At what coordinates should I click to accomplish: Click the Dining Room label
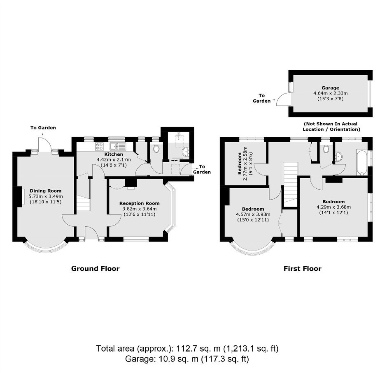point(45,191)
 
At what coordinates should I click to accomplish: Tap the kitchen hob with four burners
point(100,146)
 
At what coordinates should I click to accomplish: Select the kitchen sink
point(118,146)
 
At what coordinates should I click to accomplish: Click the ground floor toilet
point(156,148)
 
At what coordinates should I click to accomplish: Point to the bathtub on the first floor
point(362,163)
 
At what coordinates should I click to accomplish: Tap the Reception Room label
point(140,203)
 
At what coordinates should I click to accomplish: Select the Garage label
point(330,88)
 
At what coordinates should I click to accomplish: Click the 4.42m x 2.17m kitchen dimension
point(114,160)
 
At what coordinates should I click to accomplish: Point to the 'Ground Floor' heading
point(95,268)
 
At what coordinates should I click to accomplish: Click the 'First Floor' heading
point(302,268)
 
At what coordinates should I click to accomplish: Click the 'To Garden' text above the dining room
point(43,128)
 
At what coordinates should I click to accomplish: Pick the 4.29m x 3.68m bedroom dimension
point(334,207)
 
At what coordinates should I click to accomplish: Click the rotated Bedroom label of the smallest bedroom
point(240,163)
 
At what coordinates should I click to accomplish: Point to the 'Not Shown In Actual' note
point(331,124)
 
